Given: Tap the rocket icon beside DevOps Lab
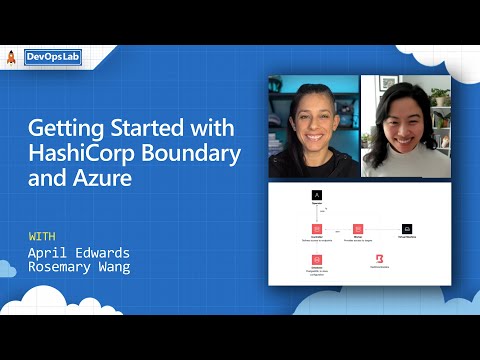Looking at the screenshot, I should click(x=11, y=58).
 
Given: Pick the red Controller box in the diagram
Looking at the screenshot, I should click(x=316, y=229).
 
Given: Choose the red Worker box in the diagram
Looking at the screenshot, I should click(x=357, y=229).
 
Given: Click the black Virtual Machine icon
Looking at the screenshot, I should click(x=407, y=229).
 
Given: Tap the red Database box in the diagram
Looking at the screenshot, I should click(x=316, y=259).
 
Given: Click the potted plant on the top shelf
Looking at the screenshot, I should click(x=438, y=96).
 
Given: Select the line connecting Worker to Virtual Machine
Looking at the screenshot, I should click(x=382, y=229).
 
